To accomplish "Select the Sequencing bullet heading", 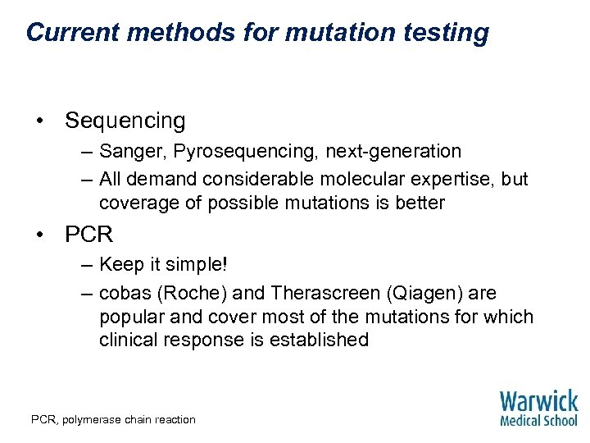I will (125, 121).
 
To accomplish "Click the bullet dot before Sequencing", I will (39, 121).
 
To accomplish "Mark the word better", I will (419, 203).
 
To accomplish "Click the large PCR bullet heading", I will (89, 235).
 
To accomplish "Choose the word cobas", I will (123, 293).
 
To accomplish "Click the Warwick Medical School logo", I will (538, 408).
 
